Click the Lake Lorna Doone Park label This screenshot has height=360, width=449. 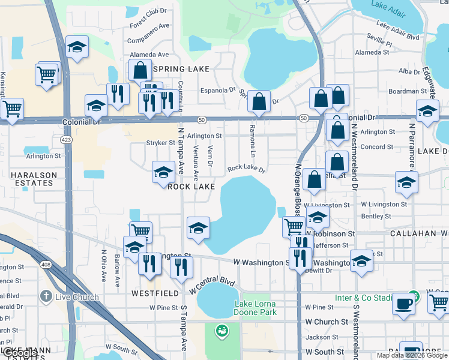(255, 308)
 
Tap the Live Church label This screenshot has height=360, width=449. (77, 297)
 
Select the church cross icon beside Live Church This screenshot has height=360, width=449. (45, 296)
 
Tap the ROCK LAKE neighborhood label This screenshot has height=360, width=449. (191, 187)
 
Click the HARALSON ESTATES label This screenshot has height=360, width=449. (33, 181)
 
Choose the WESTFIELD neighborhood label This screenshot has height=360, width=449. (155, 293)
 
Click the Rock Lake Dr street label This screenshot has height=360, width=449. (246, 169)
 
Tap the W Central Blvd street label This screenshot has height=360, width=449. (211, 285)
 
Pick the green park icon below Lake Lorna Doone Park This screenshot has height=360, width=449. (221, 331)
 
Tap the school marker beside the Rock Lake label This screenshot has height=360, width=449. (163, 172)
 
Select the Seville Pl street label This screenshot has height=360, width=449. (380, 44)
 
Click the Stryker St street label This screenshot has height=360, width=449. (160, 143)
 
